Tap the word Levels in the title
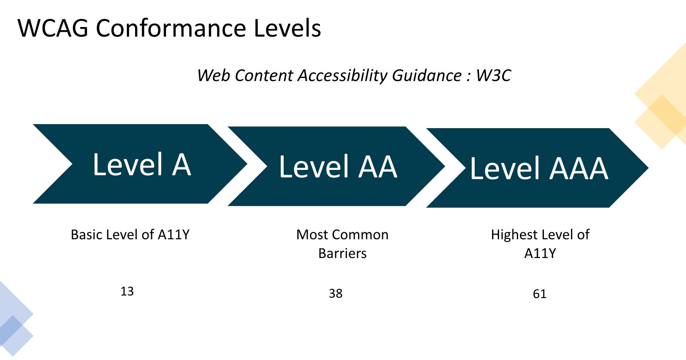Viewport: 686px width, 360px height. [287, 28]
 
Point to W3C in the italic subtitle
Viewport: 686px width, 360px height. [493, 75]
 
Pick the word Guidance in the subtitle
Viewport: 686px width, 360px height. [427, 75]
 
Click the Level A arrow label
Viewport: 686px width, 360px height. [142, 165]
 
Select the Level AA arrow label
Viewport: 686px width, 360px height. [338, 167]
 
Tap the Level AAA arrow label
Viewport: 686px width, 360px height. [539, 169]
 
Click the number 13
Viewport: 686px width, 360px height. [127, 291]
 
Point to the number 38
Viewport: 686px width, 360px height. [336, 293]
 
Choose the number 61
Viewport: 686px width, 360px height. [540, 294]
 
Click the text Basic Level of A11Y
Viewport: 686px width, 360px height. [130, 234]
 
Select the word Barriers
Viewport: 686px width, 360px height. [343, 253]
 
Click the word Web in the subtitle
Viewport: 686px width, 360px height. [214, 75]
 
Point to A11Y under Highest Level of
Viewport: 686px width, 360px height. [540, 253]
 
